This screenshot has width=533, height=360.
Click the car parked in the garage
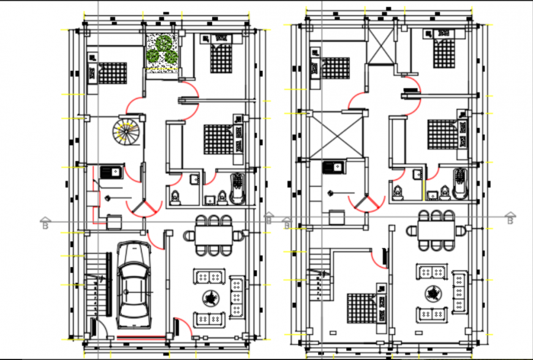[x=134, y=285]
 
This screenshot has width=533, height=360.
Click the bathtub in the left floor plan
[x=236, y=187]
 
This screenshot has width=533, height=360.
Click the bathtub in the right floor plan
[x=460, y=184]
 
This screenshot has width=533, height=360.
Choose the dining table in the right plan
[x=436, y=231]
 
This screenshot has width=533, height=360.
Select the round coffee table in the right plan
[x=435, y=293]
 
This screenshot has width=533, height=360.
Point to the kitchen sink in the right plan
[x=334, y=167]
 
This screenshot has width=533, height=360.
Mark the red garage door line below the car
[x=142, y=336]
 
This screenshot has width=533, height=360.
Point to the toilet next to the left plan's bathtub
[x=221, y=197]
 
